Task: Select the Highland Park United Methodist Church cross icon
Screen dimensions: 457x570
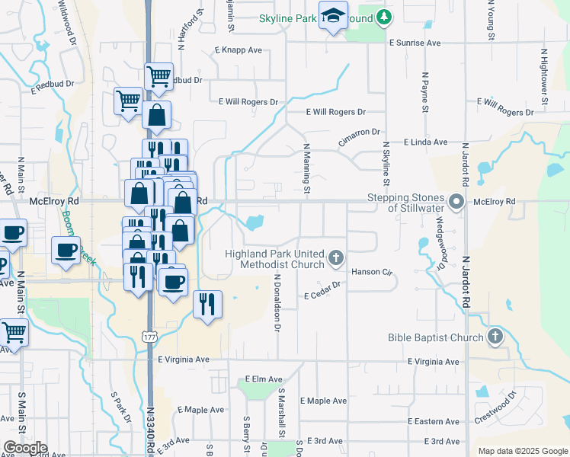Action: [335, 259]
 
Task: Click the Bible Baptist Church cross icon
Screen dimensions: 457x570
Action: [495, 336]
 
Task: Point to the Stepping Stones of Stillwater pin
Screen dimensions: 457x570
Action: [457, 202]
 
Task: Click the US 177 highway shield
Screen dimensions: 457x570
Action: [149, 335]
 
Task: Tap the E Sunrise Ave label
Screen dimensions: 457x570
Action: [415, 43]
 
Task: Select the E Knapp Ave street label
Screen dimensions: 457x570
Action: [238, 50]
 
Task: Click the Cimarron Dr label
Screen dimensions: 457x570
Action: [360, 132]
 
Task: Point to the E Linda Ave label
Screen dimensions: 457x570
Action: [426, 142]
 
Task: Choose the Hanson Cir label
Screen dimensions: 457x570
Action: [371, 272]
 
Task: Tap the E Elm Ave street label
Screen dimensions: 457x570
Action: [264, 379]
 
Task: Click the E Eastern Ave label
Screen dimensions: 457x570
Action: [434, 421]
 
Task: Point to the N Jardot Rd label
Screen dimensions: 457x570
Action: [466, 282]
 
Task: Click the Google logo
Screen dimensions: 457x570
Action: [24, 448]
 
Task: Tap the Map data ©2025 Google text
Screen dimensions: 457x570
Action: [522, 451]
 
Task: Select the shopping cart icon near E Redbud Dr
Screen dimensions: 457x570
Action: [158, 75]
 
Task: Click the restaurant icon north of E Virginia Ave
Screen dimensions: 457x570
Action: [207, 304]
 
